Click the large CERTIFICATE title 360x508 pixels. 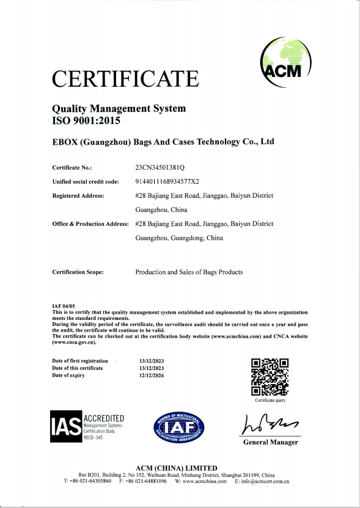pyautogui.click(x=125, y=79)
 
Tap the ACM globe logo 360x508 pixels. pyautogui.click(x=285, y=63)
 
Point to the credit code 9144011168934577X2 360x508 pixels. pyautogui.click(x=172, y=181)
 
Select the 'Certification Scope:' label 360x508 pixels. pyautogui.click(x=78, y=272)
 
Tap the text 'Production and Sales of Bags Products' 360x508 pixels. pyautogui.click(x=189, y=272)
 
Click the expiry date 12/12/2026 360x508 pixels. pyautogui.click(x=152, y=376)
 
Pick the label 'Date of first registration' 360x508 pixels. pyautogui.click(x=80, y=361)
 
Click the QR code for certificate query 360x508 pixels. pyautogui.click(x=270, y=377)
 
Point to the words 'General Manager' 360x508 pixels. pyautogui.click(x=271, y=442)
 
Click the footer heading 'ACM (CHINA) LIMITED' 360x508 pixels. pyautogui.click(x=180, y=468)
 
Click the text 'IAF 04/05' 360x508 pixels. pyautogui.click(x=64, y=305)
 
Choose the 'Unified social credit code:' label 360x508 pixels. pyautogui.click(x=86, y=181)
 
